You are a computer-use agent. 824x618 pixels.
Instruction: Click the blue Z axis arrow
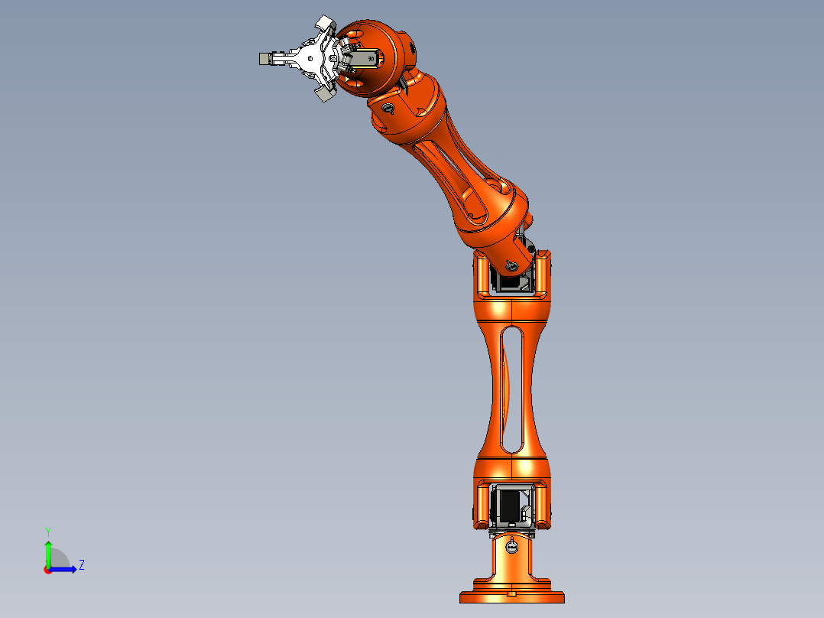66,569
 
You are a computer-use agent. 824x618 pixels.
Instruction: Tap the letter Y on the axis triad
48,531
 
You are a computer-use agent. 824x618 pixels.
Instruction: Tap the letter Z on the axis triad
81,566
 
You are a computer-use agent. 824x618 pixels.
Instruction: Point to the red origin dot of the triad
47,570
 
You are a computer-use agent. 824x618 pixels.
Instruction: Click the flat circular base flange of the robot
512,596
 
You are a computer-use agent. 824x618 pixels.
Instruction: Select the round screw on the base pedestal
511,547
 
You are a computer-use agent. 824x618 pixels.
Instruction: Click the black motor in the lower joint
508,505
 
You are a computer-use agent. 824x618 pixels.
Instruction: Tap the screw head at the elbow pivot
511,266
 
